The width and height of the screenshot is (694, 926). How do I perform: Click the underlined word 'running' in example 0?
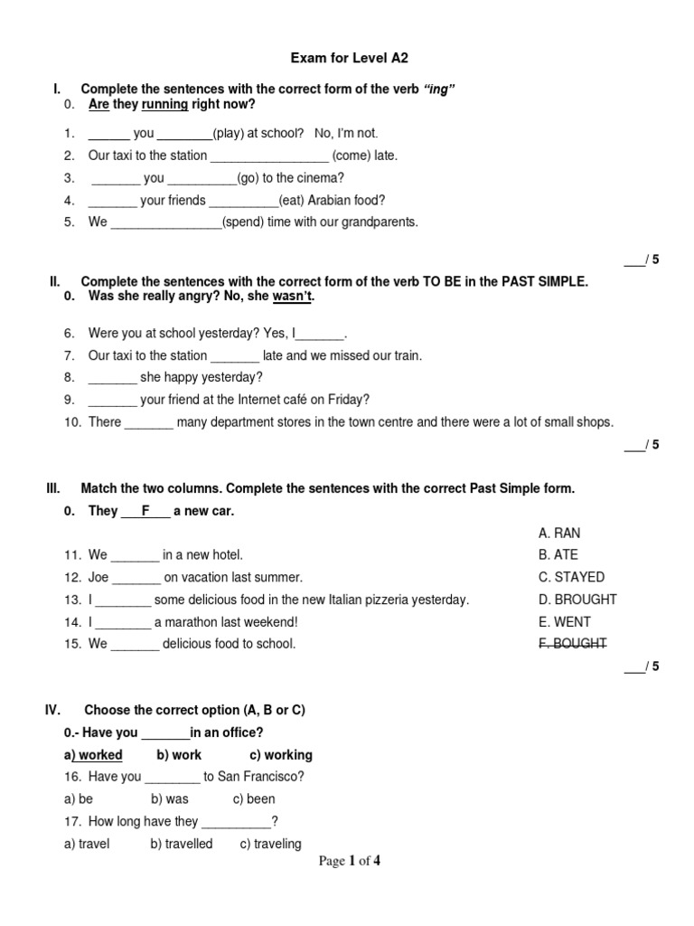click(x=164, y=104)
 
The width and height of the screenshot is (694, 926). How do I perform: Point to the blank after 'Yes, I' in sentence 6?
click(x=321, y=334)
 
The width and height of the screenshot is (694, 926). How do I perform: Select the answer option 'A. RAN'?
click(x=558, y=533)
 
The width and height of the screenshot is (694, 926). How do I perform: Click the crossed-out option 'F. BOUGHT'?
click(x=572, y=644)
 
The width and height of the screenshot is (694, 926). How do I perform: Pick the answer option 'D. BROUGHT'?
click(x=577, y=600)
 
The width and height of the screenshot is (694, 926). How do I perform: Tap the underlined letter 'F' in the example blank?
click(x=145, y=511)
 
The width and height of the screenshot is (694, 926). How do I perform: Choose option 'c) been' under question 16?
click(x=254, y=798)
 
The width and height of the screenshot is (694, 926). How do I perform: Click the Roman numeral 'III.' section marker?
click(x=53, y=488)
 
